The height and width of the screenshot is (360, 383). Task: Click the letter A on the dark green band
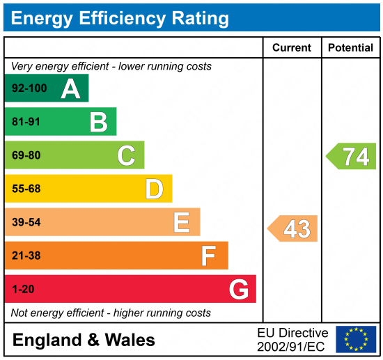click(x=70, y=88)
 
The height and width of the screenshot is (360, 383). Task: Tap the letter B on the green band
click(x=98, y=122)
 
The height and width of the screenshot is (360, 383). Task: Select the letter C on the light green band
click(x=126, y=155)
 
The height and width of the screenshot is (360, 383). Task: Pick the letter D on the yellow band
click(x=154, y=189)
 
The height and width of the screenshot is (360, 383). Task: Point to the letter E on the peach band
click(x=182, y=222)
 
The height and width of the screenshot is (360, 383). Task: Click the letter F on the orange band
click(x=208, y=256)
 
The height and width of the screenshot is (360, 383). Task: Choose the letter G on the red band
click(x=238, y=289)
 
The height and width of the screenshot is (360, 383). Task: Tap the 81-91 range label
click(x=26, y=123)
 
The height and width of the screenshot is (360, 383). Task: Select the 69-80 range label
click(x=26, y=156)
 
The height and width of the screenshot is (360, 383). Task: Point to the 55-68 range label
click(x=26, y=189)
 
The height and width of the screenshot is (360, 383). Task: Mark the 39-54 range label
click(x=26, y=222)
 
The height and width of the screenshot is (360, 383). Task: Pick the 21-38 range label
click(x=26, y=256)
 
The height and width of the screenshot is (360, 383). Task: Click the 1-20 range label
click(x=23, y=289)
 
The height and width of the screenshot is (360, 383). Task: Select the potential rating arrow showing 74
click(x=352, y=156)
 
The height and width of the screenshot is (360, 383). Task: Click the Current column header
click(x=292, y=48)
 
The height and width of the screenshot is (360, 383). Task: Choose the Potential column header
click(x=352, y=48)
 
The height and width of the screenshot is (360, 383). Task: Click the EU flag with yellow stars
click(x=355, y=339)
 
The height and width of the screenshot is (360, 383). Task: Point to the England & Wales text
click(x=84, y=341)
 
